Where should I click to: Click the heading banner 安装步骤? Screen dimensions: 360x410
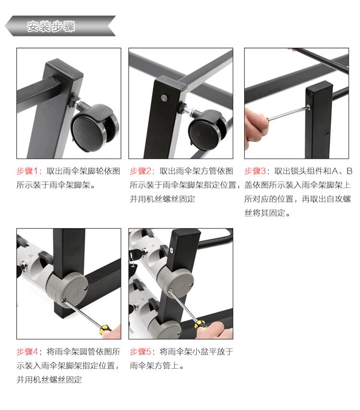click(x=60, y=26)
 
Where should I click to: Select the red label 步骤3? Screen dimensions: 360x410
click(x=255, y=171)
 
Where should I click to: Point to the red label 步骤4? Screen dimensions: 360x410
click(x=27, y=351)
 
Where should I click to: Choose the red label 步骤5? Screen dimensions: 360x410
click(x=141, y=351)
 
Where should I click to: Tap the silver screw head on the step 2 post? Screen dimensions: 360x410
click(x=164, y=98)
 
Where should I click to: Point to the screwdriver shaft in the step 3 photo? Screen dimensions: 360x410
click(x=288, y=112)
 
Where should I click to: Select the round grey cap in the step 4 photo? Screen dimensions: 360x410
click(x=74, y=287)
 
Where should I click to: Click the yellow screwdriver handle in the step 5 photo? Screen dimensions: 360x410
click(x=201, y=324)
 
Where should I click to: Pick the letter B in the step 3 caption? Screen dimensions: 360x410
click(x=349, y=171)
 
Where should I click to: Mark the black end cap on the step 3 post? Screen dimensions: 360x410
click(x=319, y=87)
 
